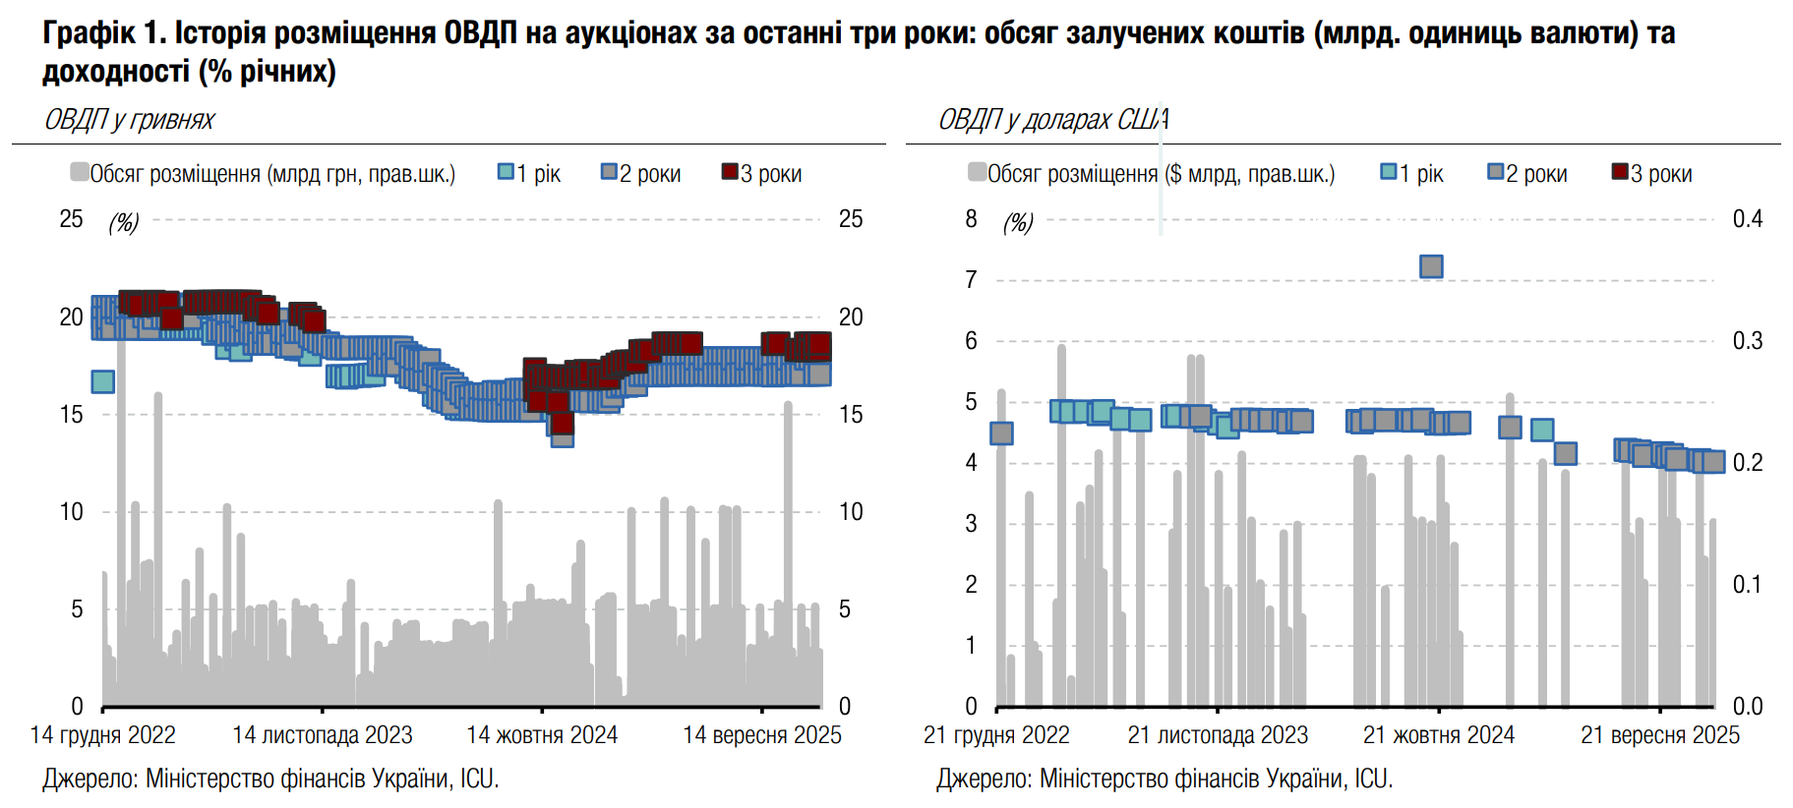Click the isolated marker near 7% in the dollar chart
[1431, 266]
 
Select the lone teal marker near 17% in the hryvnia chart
[102, 381]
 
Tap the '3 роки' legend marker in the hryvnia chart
[730, 172]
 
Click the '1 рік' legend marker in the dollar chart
[1389, 172]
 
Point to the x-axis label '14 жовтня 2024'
[542, 735]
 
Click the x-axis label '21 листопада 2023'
[1218, 735]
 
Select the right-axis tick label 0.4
[1748, 219]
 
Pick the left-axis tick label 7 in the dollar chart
[971, 280]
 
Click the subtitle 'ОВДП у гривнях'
[129, 120]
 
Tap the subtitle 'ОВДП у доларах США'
[1053, 120]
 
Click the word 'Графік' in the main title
[90, 33]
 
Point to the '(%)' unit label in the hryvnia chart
[123, 222]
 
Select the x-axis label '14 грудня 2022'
[103, 735]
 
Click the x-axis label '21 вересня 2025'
[1660, 735]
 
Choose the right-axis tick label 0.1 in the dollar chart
[1748, 585]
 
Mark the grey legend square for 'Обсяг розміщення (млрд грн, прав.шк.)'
[80, 172]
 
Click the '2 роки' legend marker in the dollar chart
[1496, 172]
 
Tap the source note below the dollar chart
[1165, 779]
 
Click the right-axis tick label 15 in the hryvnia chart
[851, 415]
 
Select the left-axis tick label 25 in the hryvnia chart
[71, 219]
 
